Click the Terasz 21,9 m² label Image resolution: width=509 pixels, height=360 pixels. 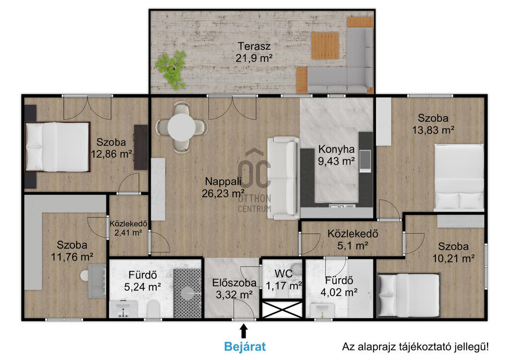click(x=254, y=52)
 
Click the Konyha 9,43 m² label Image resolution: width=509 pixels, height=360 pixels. click(x=337, y=155)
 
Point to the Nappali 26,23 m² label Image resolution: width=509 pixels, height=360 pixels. click(x=223, y=187)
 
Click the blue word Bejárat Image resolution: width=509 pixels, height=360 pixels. click(x=245, y=347)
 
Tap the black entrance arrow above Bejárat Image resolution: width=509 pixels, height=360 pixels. click(x=244, y=332)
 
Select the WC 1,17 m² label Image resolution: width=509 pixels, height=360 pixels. click(x=284, y=280)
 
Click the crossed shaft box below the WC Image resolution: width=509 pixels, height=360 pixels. click(x=282, y=309)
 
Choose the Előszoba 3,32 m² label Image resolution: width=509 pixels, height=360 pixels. click(x=235, y=288)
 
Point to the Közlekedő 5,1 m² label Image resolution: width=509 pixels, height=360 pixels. click(x=352, y=240)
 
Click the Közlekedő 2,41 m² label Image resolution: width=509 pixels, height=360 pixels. click(x=128, y=228)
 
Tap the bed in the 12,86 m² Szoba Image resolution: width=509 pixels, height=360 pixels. click(x=58, y=147)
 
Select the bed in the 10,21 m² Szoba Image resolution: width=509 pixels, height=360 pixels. click(x=409, y=295)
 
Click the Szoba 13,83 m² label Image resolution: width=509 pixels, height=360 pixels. click(x=433, y=124)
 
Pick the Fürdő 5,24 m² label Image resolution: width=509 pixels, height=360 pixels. click(x=143, y=281)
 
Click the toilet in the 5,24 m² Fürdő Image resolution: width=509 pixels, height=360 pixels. click(x=153, y=309)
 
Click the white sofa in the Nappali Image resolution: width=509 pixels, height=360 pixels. click(x=283, y=178)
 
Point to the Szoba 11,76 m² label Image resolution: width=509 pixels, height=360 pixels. click(x=72, y=251)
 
